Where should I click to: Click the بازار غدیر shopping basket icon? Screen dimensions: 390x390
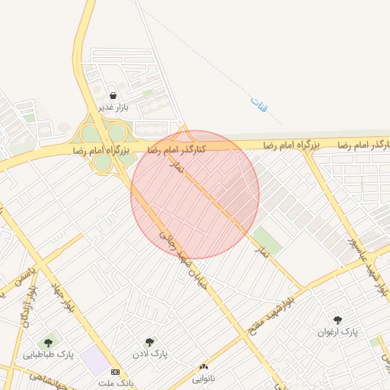pyautogui.click(x=113, y=95)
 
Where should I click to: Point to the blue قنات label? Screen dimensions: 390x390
pyautogui.click(x=259, y=106)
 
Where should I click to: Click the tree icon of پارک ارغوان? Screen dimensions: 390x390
pyautogui.click(x=337, y=320)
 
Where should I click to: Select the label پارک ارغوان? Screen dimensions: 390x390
pyautogui.click(x=337, y=332)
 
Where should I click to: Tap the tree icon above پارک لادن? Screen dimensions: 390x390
pyautogui.click(x=149, y=343)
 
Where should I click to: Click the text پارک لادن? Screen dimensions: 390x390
pyautogui.click(x=152, y=354)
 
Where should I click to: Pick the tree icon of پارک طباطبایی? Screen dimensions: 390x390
pyautogui.click(x=50, y=343)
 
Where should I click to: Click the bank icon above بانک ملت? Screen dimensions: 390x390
pyautogui.click(x=115, y=372)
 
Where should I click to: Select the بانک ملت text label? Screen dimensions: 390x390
pyautogui.click(x=120, y=382)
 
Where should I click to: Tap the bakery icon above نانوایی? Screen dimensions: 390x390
pyautogui.click(x=203, y=367)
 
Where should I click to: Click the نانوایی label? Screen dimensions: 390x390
pyautogui.click(x=203, y=378)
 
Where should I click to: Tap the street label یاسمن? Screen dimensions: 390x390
pyautogui.click(x=27, y=285)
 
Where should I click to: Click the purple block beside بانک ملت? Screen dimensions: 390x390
pyautogui.click(x=96, y=360)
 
